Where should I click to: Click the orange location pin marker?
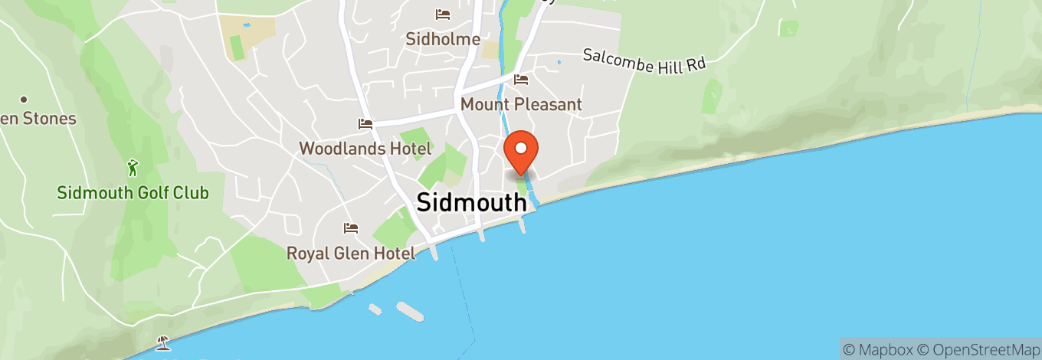tap(521, 150)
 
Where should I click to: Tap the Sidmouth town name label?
tap(471, 202)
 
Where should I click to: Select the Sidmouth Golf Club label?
tap(133, 193)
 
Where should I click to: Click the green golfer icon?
tap(133, 166)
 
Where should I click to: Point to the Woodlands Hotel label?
tap(354, 148)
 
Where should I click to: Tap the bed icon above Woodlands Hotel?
tap(365, 123)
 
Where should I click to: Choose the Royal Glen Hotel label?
tap(351, 253)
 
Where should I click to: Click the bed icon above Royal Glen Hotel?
tap(351, 228)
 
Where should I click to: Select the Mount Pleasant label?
tap(521, 104)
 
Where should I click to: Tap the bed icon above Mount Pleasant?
tap(522, 80)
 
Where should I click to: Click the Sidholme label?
tap(443, 39)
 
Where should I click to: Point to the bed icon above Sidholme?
tap(442, 14)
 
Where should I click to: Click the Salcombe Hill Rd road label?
tap(644, 61)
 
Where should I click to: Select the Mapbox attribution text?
tap(879, 349)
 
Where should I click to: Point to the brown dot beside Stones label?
tap(24, 100)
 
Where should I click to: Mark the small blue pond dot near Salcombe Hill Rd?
tap(559, 62)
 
